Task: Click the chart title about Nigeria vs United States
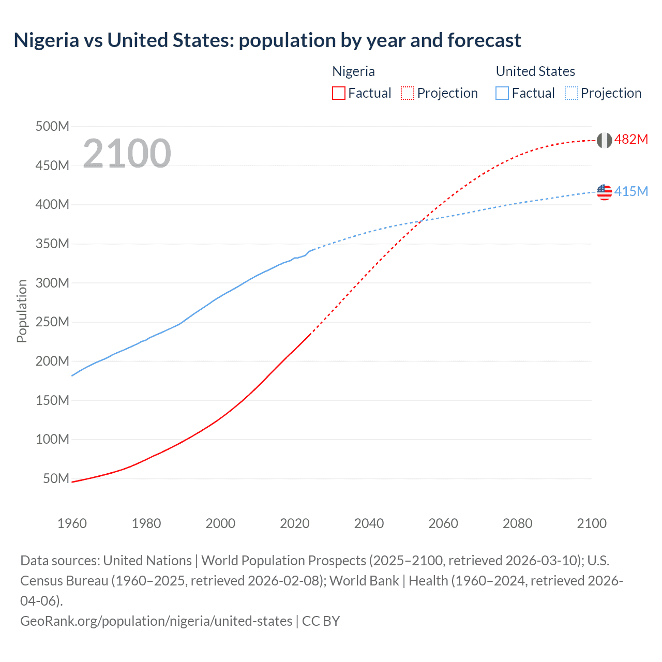(x=267, y=40)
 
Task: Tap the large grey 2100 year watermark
(x=127, y=153)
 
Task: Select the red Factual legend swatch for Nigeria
(x=338, y=93)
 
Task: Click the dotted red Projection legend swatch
(x=408, y=93)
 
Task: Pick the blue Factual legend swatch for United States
(x=502, y=93)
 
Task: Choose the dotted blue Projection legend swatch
(x=571, y=93)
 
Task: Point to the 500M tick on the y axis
(x=52, y=126)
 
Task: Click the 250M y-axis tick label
(x=52, y=322)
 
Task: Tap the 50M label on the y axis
(x=56, y=478)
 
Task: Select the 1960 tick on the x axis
(x=72, y=523)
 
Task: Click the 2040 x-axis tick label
(x=369, y=523)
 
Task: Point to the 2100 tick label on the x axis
(x=592, y=523)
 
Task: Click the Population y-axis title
(x=22, y=311)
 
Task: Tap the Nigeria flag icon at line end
(x=604, y=140)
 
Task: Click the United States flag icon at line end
(x=604, y=192)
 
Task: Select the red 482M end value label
(x=631, y=140)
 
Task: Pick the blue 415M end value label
(x=631, y=192)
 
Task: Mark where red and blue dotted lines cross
(x=423, y=220)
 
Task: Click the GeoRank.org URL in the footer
(x=156, y=621)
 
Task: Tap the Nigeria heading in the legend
(x=353, y=71)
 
